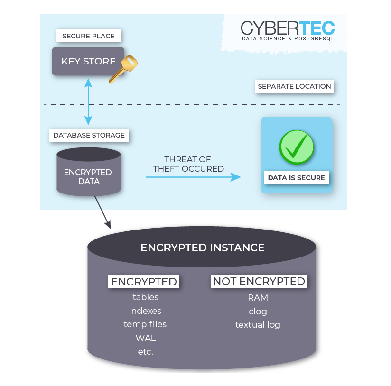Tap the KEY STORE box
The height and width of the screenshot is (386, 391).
click(88, 61)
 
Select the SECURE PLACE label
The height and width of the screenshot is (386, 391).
click(88, 36)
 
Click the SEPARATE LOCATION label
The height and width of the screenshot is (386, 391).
click(294, 86)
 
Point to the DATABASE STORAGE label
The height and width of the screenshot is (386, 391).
click(89, 135)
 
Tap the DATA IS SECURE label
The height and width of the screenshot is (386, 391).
click(297, 178)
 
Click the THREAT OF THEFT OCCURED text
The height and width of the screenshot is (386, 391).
click(188, 164)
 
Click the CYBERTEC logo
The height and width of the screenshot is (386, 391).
click(288, 29)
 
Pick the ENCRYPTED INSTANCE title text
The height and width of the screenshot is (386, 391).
click(202, 248)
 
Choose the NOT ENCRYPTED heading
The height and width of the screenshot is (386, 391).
click(259, 281)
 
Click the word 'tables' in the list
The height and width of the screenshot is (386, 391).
click(145, 297)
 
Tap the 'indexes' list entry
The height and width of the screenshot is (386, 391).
click(145, 311)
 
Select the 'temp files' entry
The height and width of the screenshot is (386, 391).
click(145, 324)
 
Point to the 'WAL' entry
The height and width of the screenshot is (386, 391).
click(145, 338)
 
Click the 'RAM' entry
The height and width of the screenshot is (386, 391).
click(258, 298)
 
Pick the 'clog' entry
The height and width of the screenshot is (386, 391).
click(258, 311)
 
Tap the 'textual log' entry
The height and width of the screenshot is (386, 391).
click(258, 325)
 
